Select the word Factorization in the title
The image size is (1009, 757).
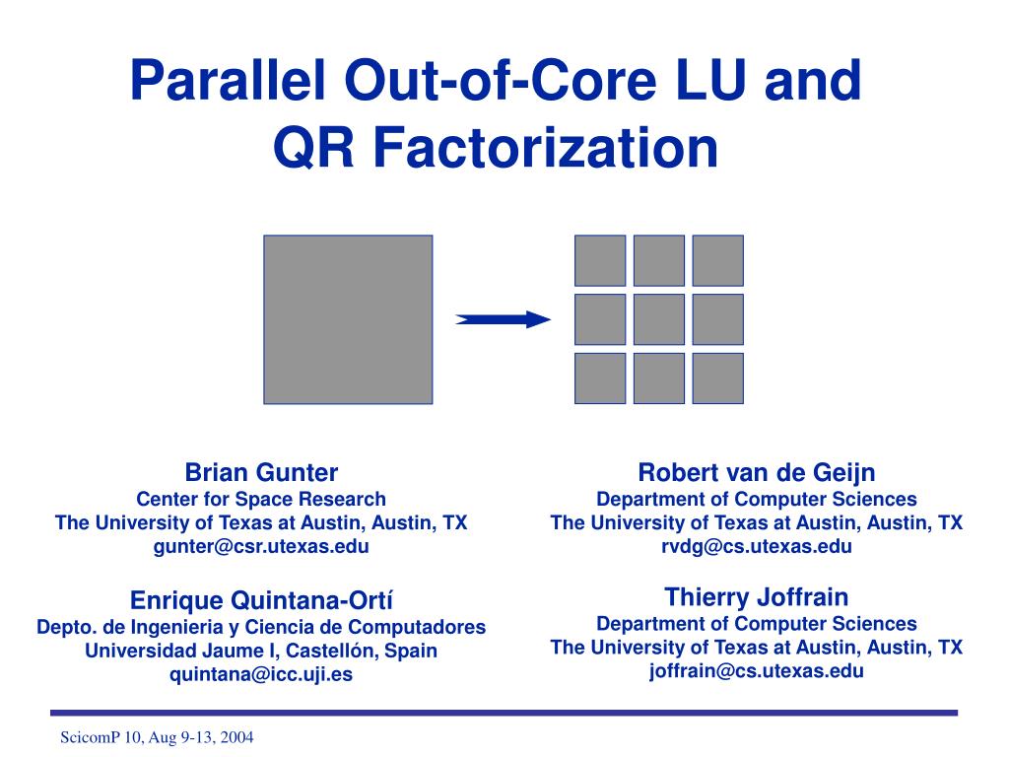pyautogui.click(x=544, y=149)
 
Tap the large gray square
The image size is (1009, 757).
pyautogui.click(x=348, y=319)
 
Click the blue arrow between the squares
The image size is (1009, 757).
pyautogui.click(x=503, y=318)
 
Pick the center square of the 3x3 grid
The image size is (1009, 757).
pyautogui.click(x=659, y=319)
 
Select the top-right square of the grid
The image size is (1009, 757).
pyautogui.click(x=717, y=260)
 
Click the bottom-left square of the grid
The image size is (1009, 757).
pyautogui.click(x=600, y=378)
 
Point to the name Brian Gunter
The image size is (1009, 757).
pyautogui.click(x=261, y=472)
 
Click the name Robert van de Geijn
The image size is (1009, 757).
pyautogui.click(x=757, y=472)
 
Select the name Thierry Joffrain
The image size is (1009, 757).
pyautogui.click(x=757, y=596)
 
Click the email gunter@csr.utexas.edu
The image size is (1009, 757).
pyautogui.click(x=261, y=547)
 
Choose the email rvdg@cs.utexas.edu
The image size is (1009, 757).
pyautogui.click(x=757, y=547)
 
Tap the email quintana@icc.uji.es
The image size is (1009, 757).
pyautogui.click(x=261, y=675)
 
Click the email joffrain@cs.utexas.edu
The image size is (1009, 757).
pyautogui.click(x=757, y=671)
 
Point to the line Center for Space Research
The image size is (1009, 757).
pyautogui.click(x=261, y=499)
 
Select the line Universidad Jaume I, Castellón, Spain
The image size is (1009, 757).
pyautogui.click(x=261, y=651)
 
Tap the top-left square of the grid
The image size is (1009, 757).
pyautogui.click(x=600, y=260)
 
